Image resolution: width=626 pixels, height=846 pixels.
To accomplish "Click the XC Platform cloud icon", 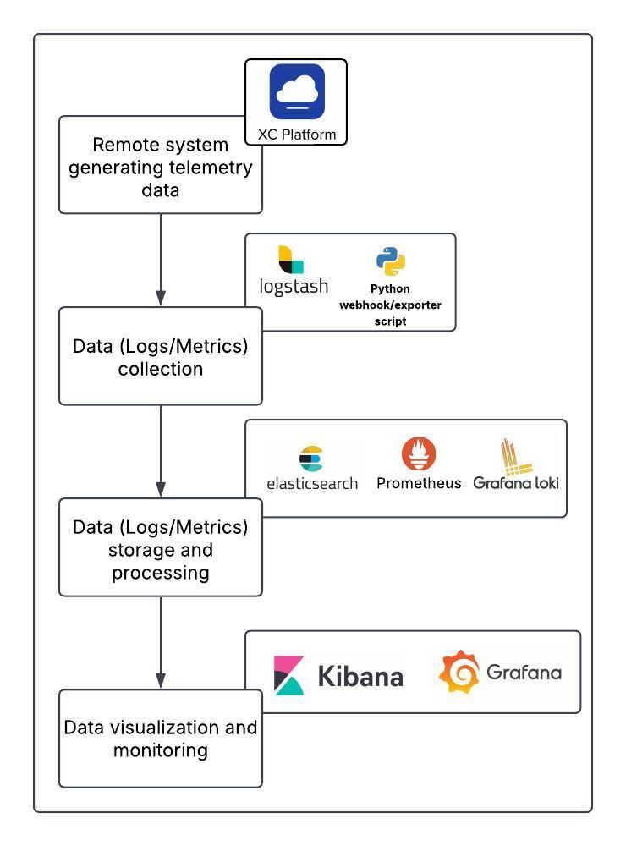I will point(297,91).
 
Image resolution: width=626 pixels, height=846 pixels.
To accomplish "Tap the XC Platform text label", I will point(297,135).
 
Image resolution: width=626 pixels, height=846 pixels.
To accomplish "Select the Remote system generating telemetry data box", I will point(160,167).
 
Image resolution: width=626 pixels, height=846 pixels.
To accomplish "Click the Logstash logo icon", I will point(291,259).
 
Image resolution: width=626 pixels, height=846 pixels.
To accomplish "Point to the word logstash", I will point(294,287).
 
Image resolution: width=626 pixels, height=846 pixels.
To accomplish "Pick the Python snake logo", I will point(391,262).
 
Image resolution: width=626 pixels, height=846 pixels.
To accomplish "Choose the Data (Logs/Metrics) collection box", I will point(160,357).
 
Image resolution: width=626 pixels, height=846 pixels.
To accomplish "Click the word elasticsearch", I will point(312,484).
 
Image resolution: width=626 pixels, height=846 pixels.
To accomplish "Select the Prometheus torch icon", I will point(419,455).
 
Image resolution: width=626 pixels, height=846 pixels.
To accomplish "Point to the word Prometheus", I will point(419,483).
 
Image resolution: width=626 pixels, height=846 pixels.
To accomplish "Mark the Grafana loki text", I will point(516,483).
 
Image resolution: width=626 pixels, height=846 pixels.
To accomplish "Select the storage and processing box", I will point(160,549).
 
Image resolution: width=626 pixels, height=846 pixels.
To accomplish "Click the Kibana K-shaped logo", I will point(290,674).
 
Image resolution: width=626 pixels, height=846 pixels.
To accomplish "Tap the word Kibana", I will point(360,676).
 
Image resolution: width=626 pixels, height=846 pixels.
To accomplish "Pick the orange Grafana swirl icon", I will point(459,673).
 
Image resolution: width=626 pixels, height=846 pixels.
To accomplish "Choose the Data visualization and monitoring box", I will point(160,739).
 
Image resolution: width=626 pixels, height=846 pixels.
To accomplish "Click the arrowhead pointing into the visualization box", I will point(161,681).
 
